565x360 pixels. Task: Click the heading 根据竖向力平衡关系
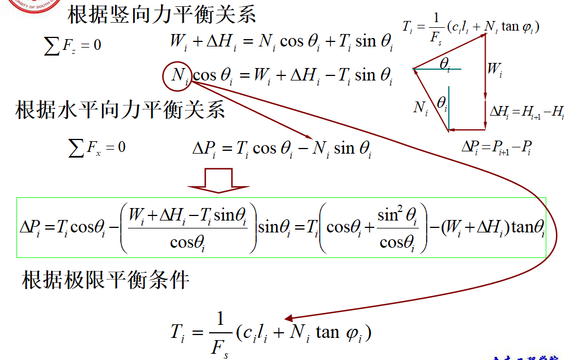(162, 15)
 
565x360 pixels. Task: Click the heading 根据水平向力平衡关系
(120, 109)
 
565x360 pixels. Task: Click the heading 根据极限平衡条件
(105, 279)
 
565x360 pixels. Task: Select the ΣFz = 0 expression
(73, 45)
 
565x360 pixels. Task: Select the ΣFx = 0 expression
(97, 149)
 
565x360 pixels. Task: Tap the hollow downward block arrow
(218, 181)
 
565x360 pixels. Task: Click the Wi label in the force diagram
(494, 70)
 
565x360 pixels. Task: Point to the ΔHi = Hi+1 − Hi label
(526, 112)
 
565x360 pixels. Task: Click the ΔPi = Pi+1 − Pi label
(496, 147)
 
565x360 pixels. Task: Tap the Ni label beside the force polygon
(420, 108)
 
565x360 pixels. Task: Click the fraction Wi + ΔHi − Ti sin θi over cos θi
(188, 228)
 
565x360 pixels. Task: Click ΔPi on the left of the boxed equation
(31, 228)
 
